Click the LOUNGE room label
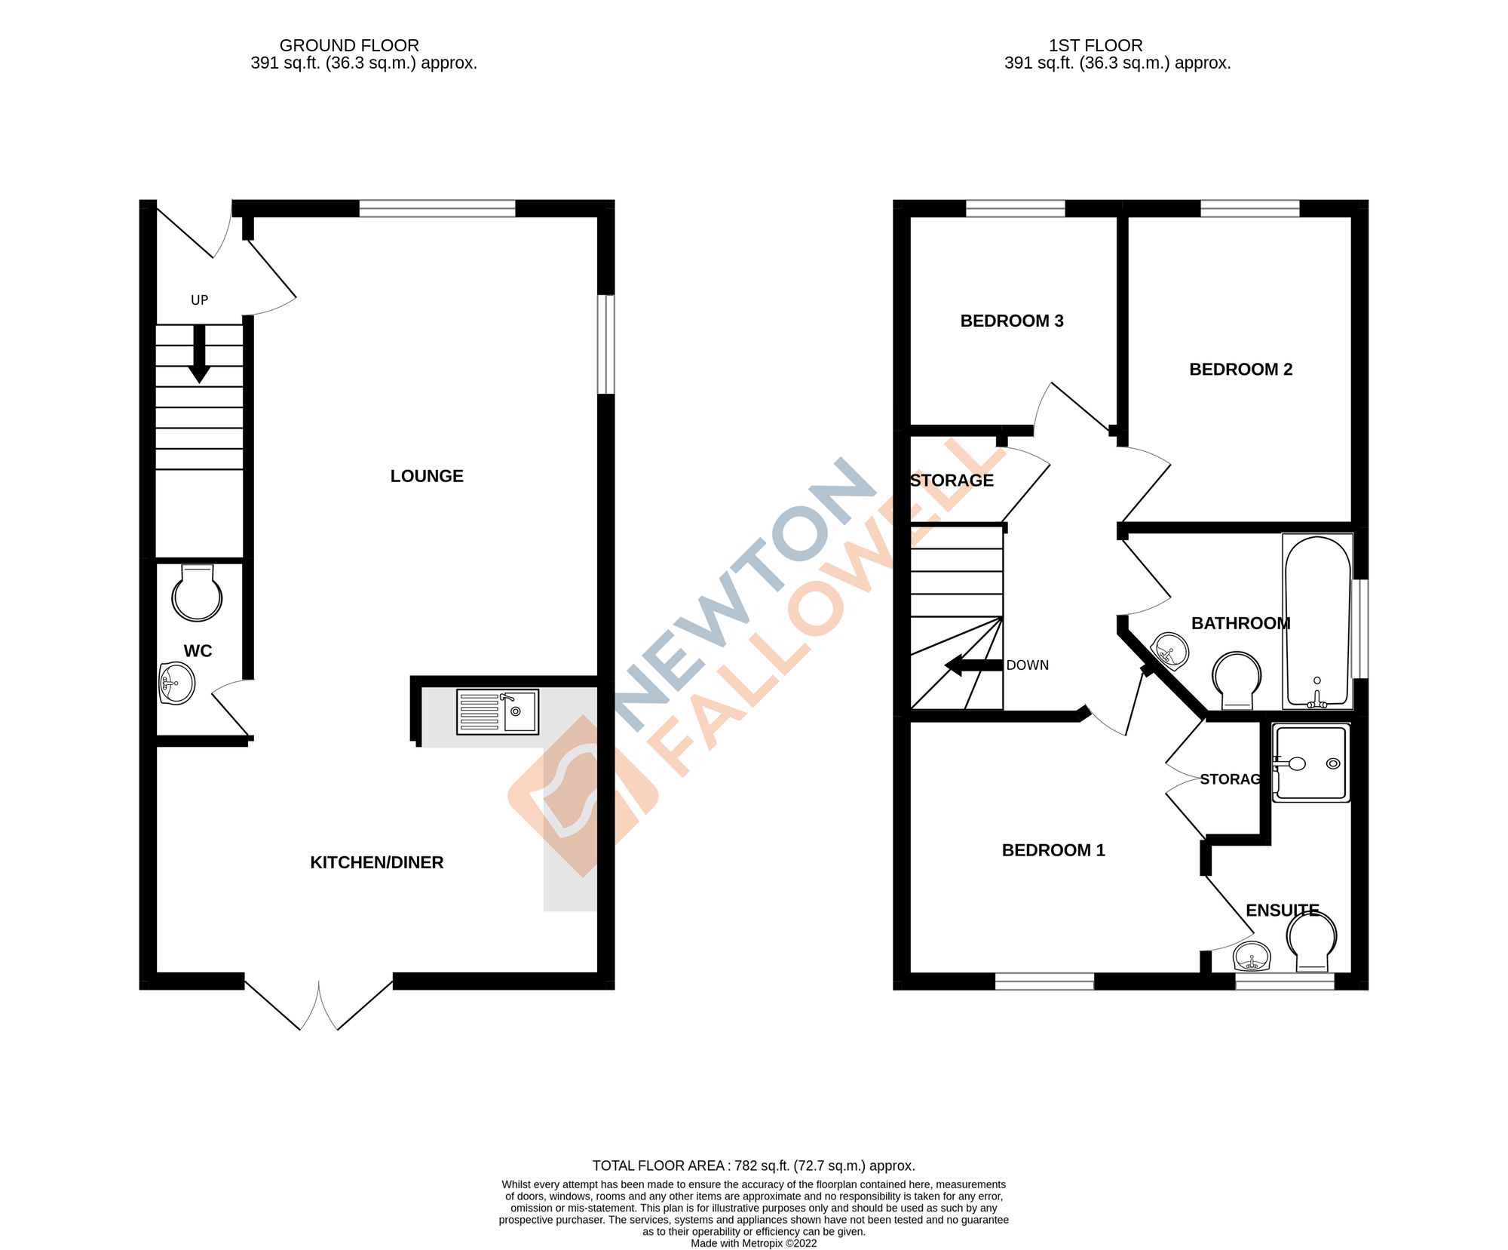click(427, 476)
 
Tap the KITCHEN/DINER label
click(376, 862)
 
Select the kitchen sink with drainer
click(498, 711)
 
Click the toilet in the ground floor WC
click(197, 594)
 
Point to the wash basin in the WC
click(177, 683)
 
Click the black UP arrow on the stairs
click(199, 354)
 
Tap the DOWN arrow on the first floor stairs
click(973, 665)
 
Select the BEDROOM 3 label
click(1011, 321)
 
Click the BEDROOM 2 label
click(1240, 369)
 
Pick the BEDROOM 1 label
click(1053, 850)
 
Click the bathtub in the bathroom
click(1317, 622)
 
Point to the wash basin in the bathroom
click(1170, 651)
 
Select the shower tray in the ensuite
click(1311, 763)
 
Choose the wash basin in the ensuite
click(1252, 958)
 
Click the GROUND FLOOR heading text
click(349, 45)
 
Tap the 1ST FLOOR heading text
click(1096, 45)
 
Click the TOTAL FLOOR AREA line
click(753, 1166)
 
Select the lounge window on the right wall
click(605, 344)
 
